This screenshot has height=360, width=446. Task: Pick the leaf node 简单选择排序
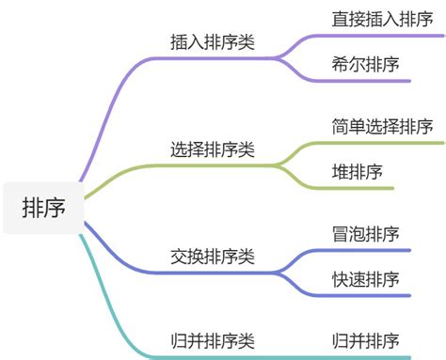tap(382, 126)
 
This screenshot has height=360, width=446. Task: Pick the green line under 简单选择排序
tap(386, 143)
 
